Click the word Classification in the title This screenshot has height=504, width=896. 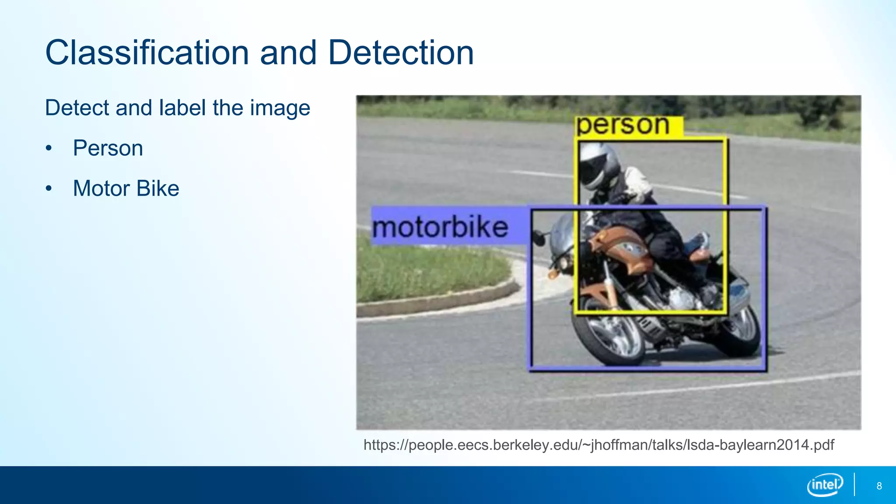coord(147,53)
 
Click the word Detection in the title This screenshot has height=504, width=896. coord(401,53)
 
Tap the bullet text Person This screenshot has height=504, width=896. coord(108,148)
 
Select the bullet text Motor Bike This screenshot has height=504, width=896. coord(126,189)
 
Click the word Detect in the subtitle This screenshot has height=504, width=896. coord(77,108)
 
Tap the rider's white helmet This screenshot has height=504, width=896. coord(598,165)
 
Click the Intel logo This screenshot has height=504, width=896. coord(825,485)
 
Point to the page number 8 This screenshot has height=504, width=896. coord(879,486)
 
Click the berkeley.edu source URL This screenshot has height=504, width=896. coord(598,445)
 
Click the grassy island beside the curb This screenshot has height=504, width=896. coord(429,271)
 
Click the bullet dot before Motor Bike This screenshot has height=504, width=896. coord(49,189)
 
